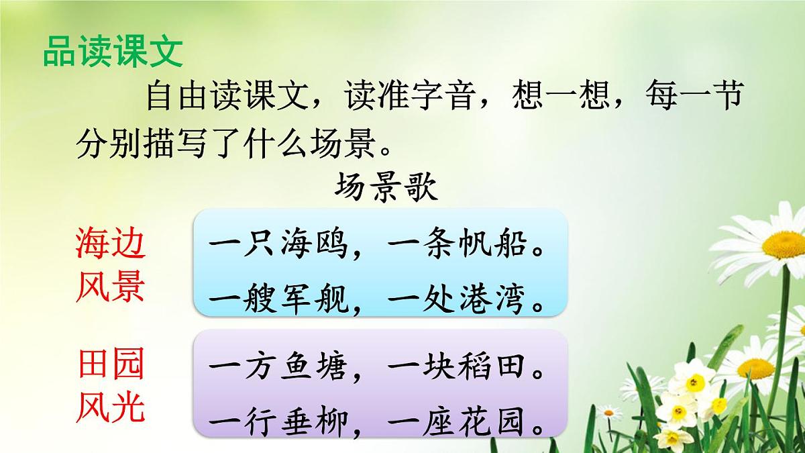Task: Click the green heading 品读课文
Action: [x=113, y=51]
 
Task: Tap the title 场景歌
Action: [x=386, y=187]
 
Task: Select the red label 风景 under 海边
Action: [x=110, y=288]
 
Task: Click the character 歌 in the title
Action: [x=421, y=187]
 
